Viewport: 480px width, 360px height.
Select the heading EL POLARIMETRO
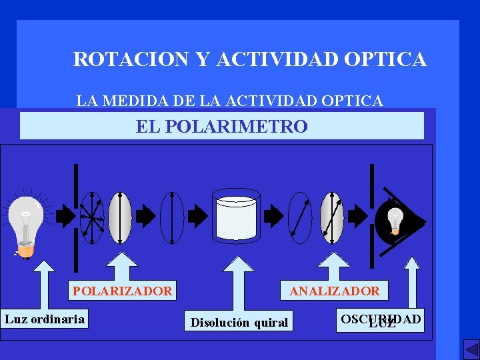(x=221, y=126)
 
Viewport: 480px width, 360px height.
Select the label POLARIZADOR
(x=122, y=291)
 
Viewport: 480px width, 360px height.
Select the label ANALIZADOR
(x=335, y=291)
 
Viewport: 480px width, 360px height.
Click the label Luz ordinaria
(x=45, y=319)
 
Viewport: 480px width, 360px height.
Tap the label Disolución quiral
(x=239, y=323)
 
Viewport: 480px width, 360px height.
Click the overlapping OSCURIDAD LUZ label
(x=381, y=320)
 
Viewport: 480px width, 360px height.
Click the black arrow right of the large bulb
(x=65, y=215)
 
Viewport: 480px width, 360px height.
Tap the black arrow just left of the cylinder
(x=198, y=215)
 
